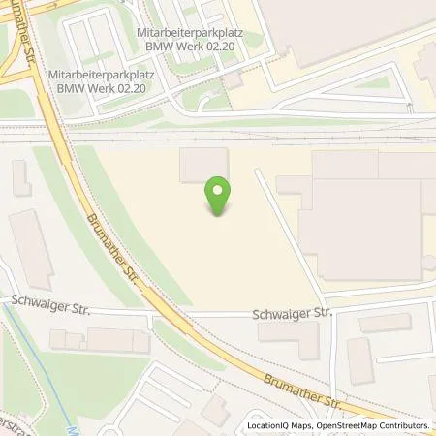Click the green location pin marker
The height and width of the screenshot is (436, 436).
[x=219, y=198]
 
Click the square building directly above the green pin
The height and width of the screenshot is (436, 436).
[x=203, y=165]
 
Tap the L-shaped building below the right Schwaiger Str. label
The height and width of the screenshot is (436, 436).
[x=292, y=337]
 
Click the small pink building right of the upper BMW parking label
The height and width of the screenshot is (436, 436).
[x=233, y=80]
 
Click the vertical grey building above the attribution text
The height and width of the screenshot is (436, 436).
[x=359, y=361]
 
